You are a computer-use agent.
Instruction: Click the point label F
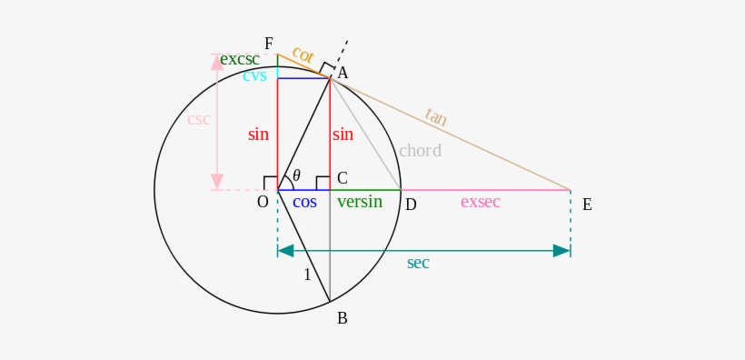[x=268, y=44]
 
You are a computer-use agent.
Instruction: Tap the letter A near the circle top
[x=343, y=73]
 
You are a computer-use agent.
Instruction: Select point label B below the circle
[x=342, y=318]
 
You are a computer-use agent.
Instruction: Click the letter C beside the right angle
[x=342, y=177]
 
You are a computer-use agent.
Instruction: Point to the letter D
[x=411, y=205]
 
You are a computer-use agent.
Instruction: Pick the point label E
[x=587, y=205]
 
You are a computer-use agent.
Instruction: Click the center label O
[x=263, y=202]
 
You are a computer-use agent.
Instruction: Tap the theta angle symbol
[x=296, y=175]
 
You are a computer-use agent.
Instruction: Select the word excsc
[x=240, y=59]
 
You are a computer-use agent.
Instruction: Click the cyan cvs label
[x=254, y=75]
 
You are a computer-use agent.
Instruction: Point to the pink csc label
[x=199, y=119]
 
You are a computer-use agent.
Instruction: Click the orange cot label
[x=303, y=55]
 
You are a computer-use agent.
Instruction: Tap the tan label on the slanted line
[x=436, y=117]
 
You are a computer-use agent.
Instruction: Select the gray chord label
[x=420, y=151]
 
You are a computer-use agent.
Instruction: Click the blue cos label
[x=304, y=202]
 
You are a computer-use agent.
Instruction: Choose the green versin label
[x=360, y=202]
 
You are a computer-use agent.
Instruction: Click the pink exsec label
[x=480, y=202]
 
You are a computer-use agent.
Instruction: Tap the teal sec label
[x=418, y=263]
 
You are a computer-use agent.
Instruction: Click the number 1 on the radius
[x=307, y=275]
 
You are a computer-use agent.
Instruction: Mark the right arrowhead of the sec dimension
[x=561, y=250]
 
